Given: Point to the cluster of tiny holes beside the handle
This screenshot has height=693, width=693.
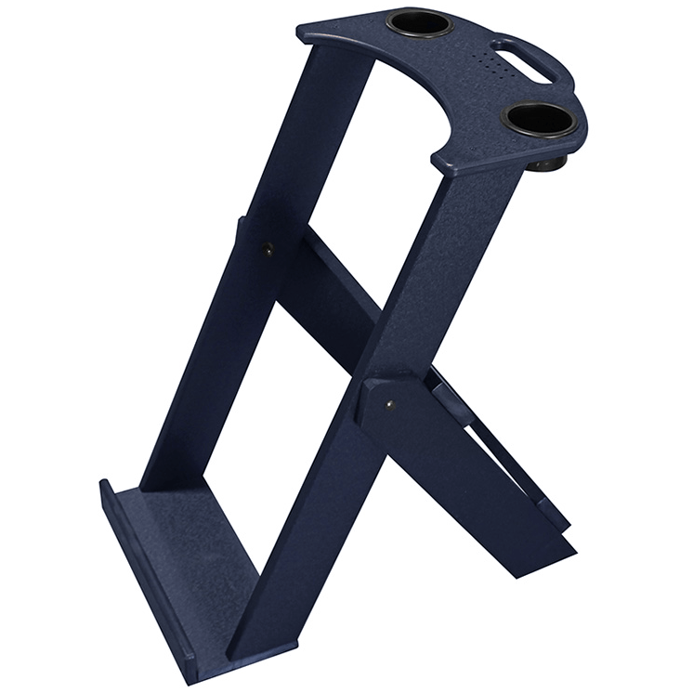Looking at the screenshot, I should (489, 62).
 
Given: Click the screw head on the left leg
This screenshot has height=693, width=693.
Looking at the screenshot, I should (268, 248).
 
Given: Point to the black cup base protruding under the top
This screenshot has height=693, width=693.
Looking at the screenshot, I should (549, 165).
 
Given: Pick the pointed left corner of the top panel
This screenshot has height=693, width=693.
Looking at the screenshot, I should (301, 32).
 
